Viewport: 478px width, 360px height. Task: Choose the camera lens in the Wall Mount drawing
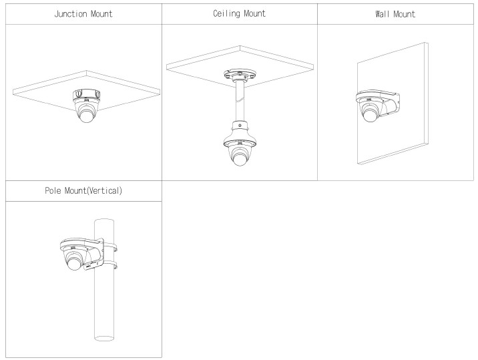[371, 114]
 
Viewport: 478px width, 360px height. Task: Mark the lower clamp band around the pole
[109, 266]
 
